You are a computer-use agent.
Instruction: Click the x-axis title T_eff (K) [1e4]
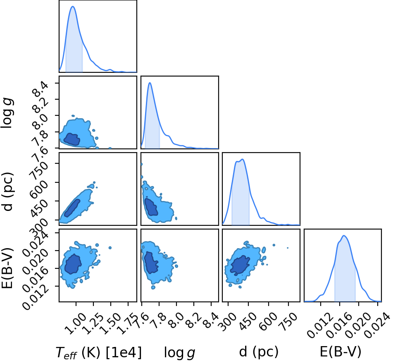99,352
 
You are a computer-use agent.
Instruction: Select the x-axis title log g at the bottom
179,352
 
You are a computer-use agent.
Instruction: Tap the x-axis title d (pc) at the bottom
259,352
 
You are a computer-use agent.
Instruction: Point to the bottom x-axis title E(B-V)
341,351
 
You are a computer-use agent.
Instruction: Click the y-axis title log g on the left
7,114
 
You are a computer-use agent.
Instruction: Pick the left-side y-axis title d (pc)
7,192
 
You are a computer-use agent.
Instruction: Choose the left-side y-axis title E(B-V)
7,268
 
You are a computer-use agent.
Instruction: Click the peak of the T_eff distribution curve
73,7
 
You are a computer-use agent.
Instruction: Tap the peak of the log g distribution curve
150,83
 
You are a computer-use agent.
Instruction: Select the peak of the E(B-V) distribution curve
344,236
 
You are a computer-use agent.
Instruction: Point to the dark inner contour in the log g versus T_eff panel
71,139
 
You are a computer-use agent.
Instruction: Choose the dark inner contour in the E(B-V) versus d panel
240,265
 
